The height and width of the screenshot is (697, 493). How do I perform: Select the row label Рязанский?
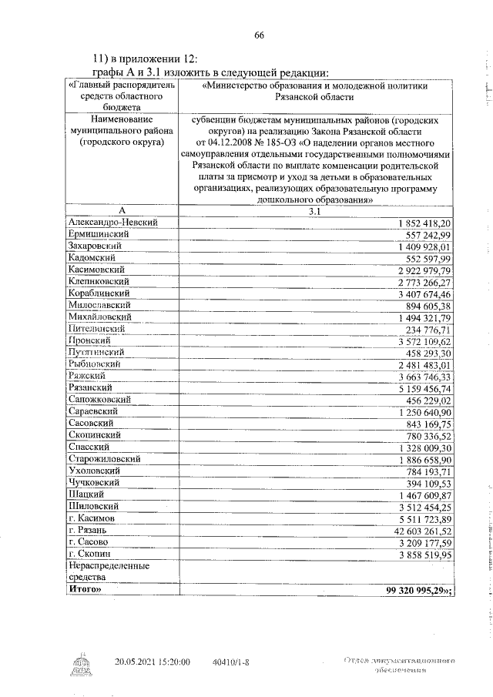click(x=90, y=388)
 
